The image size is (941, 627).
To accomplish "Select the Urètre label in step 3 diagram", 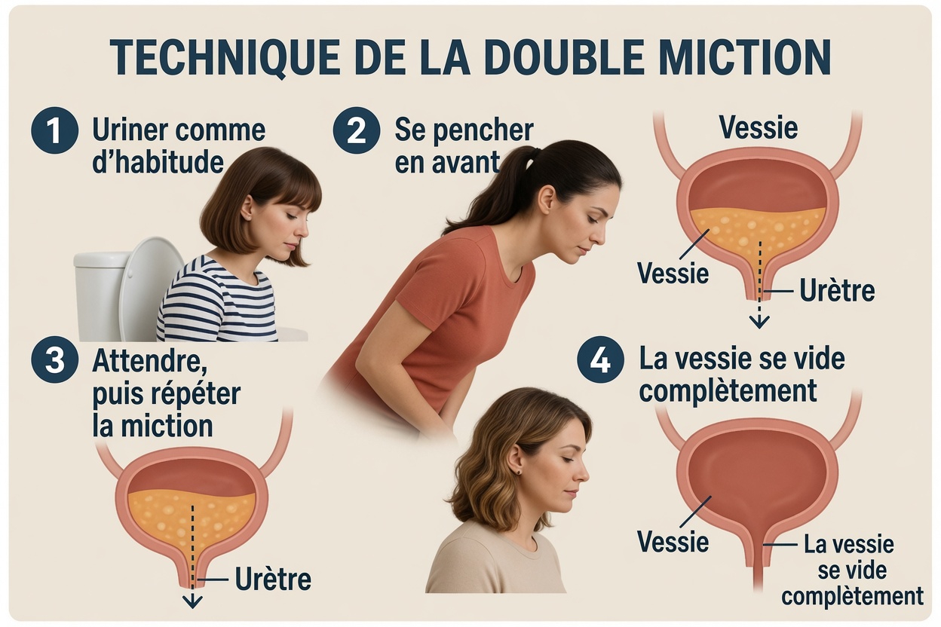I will pyautogui.click(x=273, y=579).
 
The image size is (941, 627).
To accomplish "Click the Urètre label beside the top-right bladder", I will pyautogui.click(x=837, y=290).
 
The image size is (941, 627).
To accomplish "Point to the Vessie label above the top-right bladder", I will pyautogui.click(x=759, y=127).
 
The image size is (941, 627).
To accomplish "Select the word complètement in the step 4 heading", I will pyautogui.click(x=728, y=390).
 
